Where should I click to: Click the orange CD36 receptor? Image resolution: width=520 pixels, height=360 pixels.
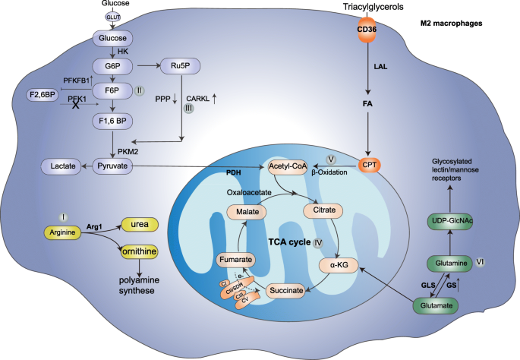(x=367, y=30)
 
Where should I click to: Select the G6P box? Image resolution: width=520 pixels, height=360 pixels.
(x=113, y=65)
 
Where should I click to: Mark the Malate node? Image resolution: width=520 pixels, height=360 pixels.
(x=249, y=210)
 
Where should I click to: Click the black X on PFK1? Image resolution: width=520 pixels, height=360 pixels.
(x=76, y=108)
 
